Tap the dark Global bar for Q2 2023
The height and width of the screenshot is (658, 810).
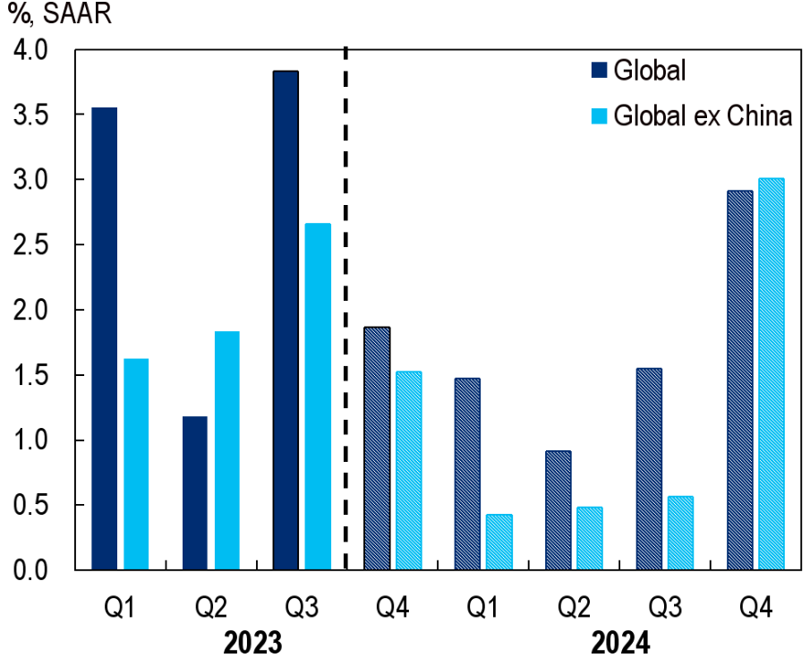[194, 492]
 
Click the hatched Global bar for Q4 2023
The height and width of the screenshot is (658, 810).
[377, 448]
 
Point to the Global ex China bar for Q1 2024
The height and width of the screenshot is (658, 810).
[499, 542]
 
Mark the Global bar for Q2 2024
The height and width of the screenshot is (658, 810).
[558, 509]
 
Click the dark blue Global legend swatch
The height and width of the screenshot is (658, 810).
[599, 71]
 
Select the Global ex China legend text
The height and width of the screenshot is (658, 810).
[703, 116]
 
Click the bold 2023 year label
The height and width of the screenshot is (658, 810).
[253, 642]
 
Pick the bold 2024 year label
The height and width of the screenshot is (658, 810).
[619, 642]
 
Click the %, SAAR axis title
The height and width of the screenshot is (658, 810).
[60, 15]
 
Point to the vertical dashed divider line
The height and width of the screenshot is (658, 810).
[346, 304]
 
